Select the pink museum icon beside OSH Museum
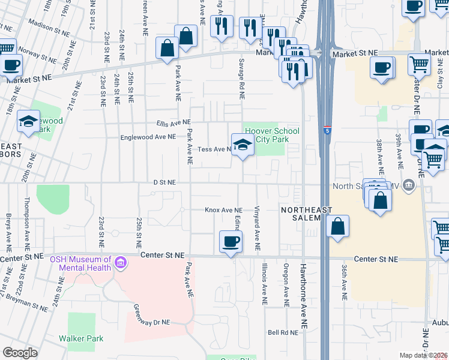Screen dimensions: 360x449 (x=121, y=263)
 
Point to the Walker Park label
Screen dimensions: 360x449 (x=81, y=338)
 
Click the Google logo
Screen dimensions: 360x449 (x=20, y=353)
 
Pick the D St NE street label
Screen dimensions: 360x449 (x=164, y=182)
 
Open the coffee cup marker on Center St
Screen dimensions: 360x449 (x=231, y=242)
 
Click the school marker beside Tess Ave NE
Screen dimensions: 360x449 (x=242, y=145)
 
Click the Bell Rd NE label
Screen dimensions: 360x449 (x=283, y=332)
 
